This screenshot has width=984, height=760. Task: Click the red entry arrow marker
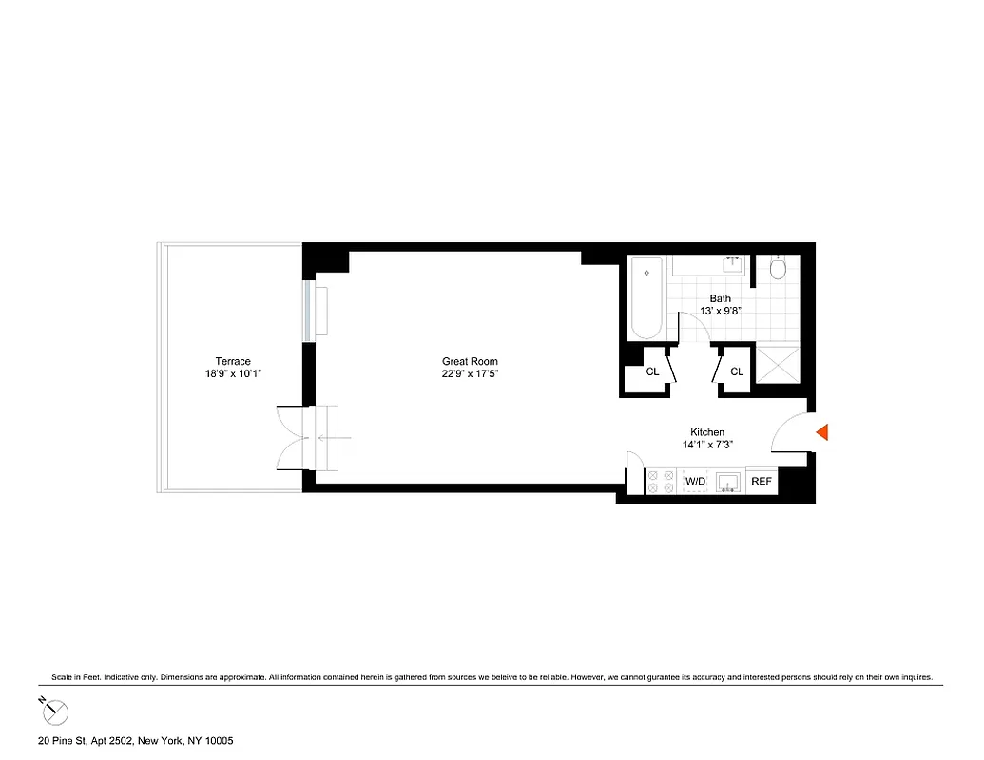pyautogui.click(x=823, y=432)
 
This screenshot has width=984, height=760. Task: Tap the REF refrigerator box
pyautogui.click(x=762, y=482)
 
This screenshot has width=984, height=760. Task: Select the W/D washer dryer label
pyautogui.click(x=696, y=482)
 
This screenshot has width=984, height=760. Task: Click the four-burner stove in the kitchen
pyautogui.click(x=659, y=482)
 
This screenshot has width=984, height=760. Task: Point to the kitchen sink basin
pyautogui.click(x=729, y=482)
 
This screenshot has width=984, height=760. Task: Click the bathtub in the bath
pyautogui.click(x=646, y=297)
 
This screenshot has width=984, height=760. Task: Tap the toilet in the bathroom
pyautogui.click(x=777, y=270)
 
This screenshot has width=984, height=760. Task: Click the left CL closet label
pyautogui.click(x=652, y=372)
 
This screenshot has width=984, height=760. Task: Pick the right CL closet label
pyautogui.click(x=736, y=372)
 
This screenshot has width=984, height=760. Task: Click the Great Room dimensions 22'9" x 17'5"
pyautogui.click(x=470, y=373)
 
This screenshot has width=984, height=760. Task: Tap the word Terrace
pyautogui.click(x=233, y=361)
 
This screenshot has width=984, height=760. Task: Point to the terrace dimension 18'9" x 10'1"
pyautogui.click(x=233, y=373)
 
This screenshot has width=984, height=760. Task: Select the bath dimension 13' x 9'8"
pyautogui.click(x=720, y=311)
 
